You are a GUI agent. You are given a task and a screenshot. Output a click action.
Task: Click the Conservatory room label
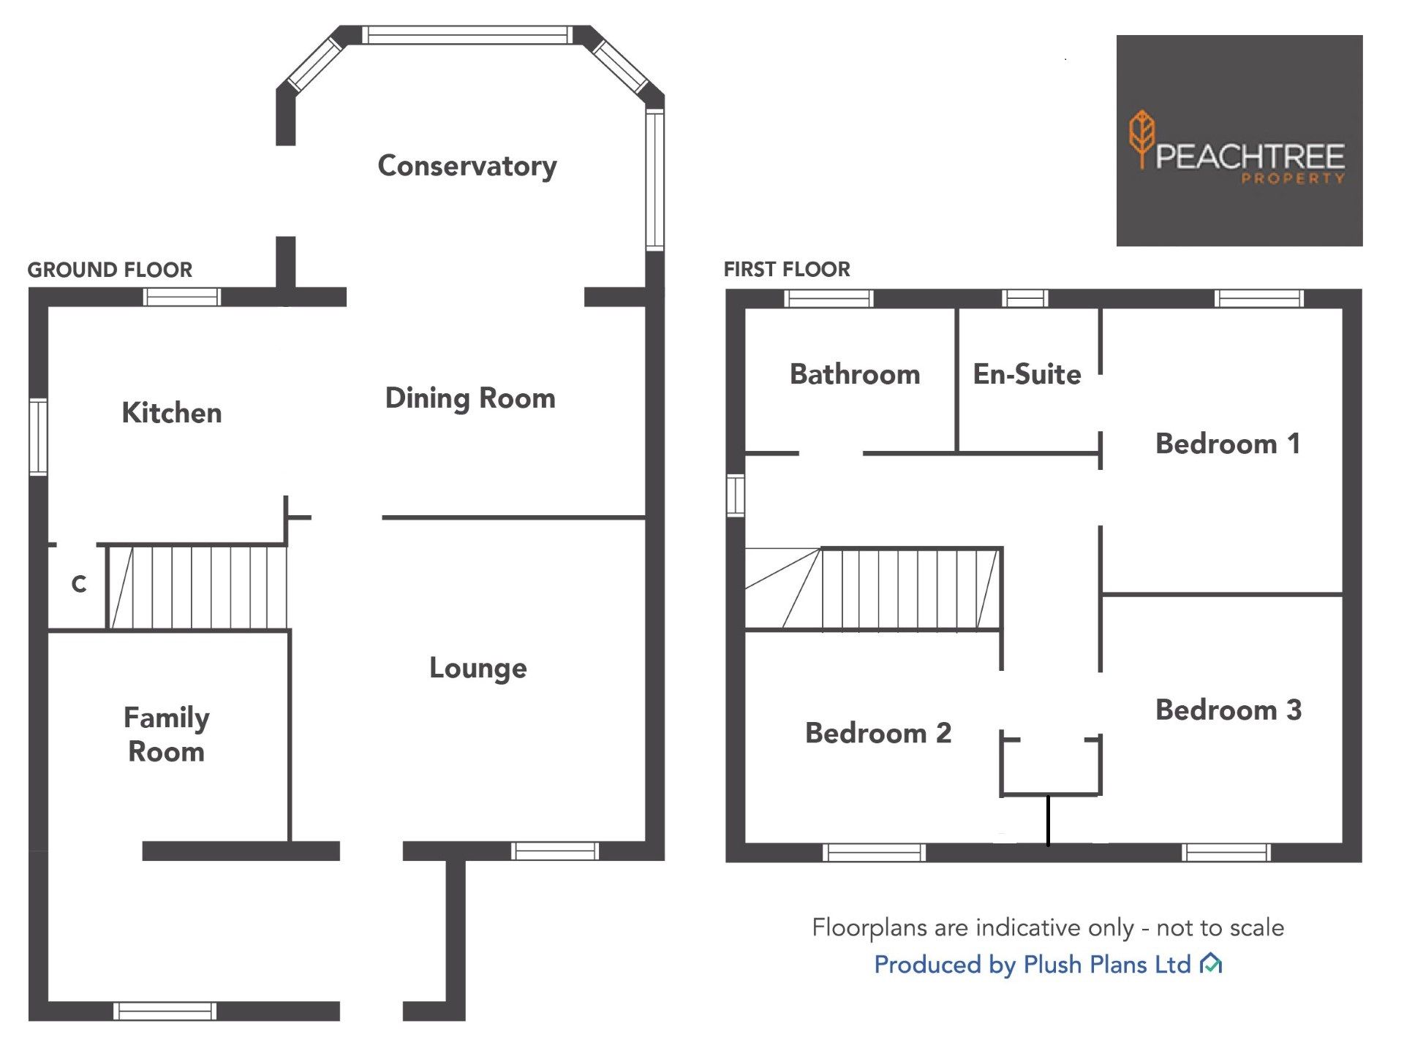pyautogui.click(x=467, y=166)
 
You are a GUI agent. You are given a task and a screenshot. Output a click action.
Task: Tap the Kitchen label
pyautogui.click(x=171, y=413)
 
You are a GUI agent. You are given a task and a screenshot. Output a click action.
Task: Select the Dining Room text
pyautogui.click(x=469, y=398)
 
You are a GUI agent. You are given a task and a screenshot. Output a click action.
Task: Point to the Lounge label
pyautogui.click(x=478, y=668)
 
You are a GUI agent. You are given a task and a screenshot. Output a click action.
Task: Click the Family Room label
pyautogui.click(x=166, y=734)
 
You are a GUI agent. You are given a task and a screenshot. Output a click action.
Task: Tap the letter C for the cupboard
pyautogui.click(x=79, y=584)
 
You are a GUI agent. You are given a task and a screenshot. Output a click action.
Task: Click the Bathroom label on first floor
pyautogui.click(x=854, y=374)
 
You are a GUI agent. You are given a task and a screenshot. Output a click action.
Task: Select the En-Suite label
pyautogui.click(x=1027, y=374)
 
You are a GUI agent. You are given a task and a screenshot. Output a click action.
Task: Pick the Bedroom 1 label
pyautogui.click(x=1228, y=444)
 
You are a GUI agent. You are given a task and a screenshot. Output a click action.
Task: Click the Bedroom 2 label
pyautogui.click(x=877, y=733)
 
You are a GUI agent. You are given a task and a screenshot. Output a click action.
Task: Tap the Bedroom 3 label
pyautogui.click(x=1228, y=710)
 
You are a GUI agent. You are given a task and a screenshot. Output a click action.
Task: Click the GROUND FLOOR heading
pyautogui.click(x=110, y=270)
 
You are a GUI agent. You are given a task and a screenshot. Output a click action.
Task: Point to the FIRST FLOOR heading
pyautogui.click(x=786, y=270)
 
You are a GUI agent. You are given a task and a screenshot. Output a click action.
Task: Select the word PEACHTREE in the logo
pyautogui.click(x=1250, y=156)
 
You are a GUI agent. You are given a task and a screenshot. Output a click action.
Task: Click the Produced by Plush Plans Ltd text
pyautogui.click(x=1033, y=965)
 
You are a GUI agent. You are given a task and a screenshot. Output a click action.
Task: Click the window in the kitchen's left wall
pyautogui.click(x=38, y=437)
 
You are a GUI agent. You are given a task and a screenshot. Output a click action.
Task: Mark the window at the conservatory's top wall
pyautogui.click(x=467, y=34)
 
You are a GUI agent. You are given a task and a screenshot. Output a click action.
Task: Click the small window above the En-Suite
pyautogui.click(x=1024, y=298)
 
